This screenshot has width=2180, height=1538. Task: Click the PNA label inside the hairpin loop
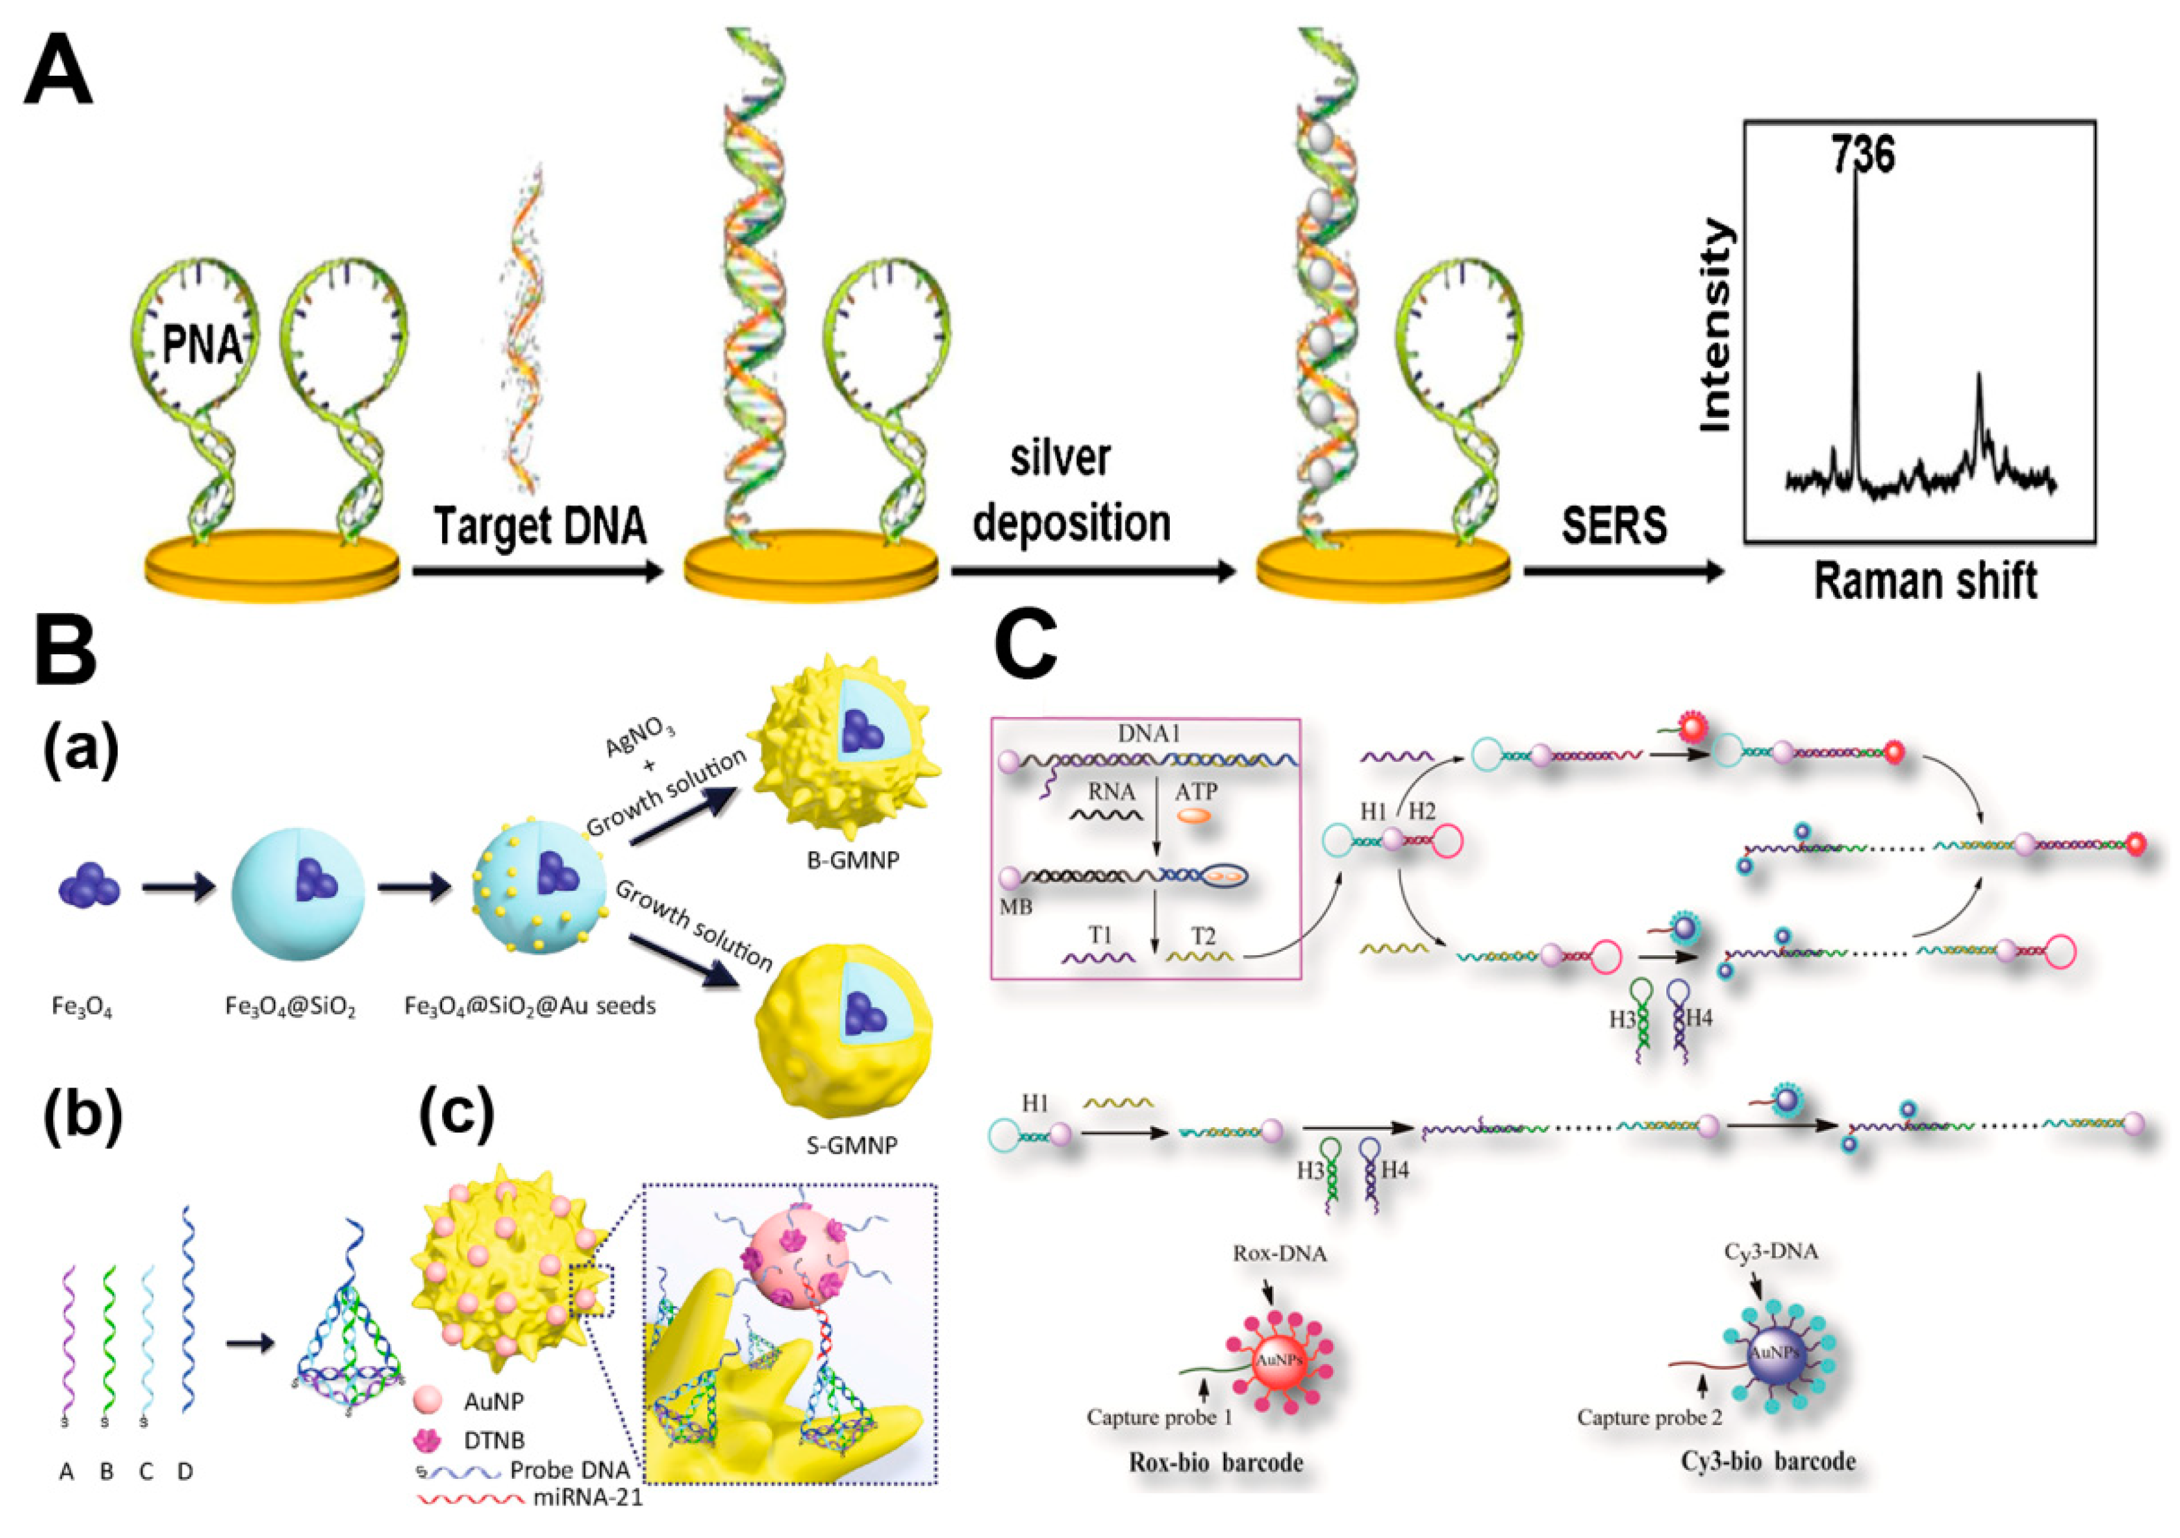202,343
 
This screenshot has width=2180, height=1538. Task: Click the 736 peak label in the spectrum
1863,155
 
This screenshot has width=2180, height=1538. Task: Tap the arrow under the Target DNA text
537,572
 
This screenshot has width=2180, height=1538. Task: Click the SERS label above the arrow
1614,525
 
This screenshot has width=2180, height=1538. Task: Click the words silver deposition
1071,492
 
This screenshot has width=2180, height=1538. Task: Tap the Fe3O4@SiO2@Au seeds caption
530,1005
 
